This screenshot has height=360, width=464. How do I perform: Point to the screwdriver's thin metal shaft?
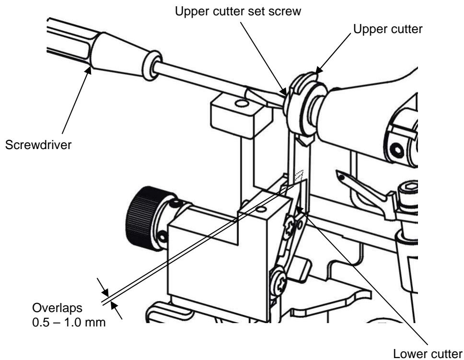pyautogui.click(x=201, y=79)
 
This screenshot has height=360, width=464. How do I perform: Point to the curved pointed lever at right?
pyautogui.click(x=364, y=185)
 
